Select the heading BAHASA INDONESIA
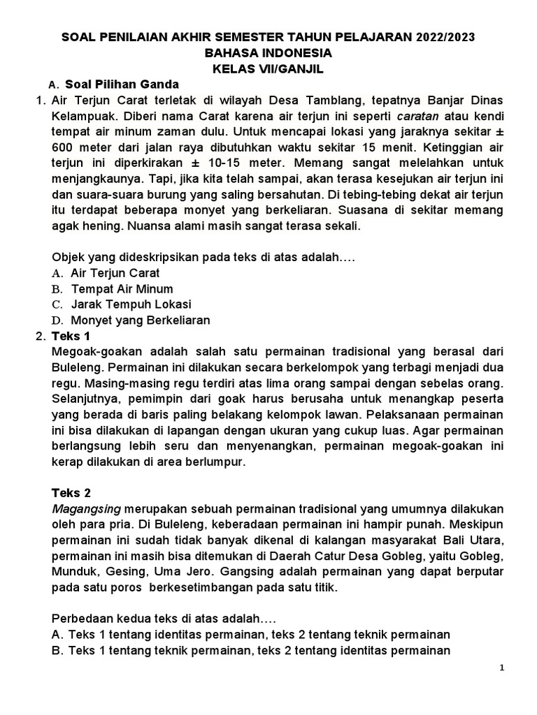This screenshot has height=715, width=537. (268, 53)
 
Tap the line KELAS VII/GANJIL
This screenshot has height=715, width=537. (268, 68)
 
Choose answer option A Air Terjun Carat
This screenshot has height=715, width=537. (115, 273)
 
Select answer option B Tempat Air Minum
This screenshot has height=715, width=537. (122, 289)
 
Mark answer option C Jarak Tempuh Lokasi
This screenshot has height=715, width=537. (131, 304)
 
